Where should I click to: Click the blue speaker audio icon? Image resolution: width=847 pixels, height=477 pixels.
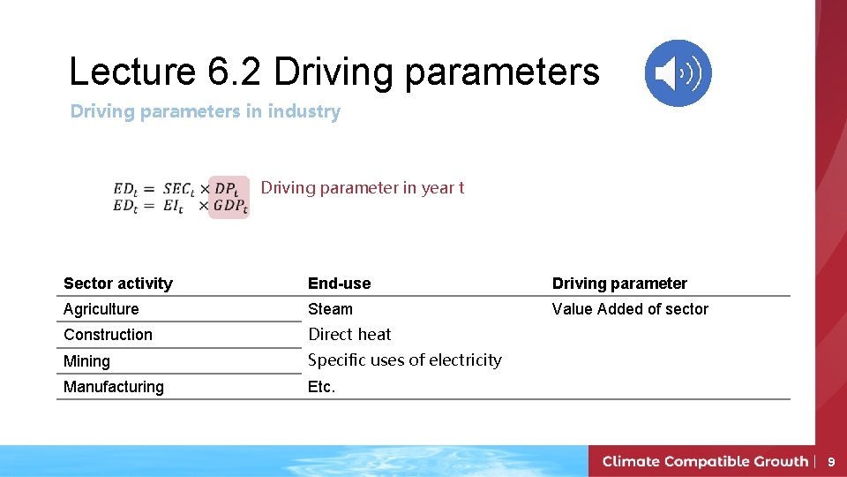pyautogui.click(x=678, y=73)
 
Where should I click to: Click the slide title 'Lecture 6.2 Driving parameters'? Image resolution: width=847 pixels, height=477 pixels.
pyautogui.click(x=334, y=72)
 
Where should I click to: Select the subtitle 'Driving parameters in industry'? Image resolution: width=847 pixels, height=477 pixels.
pyautogui.click(x=205, y=111)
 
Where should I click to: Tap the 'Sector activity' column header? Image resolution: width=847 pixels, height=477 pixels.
pyautogui.click(x=118, y=284)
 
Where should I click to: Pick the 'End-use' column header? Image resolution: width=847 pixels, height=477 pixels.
pyautogui.click(x=339, y=284)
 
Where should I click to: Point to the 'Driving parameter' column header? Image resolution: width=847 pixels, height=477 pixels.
pyautogui.click(x=618, y=284)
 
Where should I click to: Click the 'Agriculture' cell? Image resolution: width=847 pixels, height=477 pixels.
pyautogui.click(x=101, y=309)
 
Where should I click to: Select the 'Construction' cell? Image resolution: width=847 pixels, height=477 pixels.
pyautogui.click(x=108, y=335)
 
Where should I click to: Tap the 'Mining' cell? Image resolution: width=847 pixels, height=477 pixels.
pyautogui.click(x=86, y=361)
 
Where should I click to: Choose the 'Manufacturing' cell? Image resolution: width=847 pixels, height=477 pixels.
pyautogui.click(x=113, y=387)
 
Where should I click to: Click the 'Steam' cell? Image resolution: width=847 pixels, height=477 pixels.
pyautogui.click(x=330, y=309)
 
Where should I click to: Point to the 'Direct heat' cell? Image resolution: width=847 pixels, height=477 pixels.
pyautogui.click(x=349, y=335)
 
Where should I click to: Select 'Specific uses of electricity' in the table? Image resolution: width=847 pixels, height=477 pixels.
pyautogui.click(x=404, y=360)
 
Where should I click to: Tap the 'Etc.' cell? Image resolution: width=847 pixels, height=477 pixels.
pyautogui.click(x=321, y=387)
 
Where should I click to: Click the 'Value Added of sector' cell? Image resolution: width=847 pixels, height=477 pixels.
pyautogui.click(x=630, y=309)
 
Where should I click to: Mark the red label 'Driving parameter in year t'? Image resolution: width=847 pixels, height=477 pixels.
pyautogui.click(x=362, y=188)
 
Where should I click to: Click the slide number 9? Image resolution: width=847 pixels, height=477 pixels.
pyautogui.click(x=830, y=461)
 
